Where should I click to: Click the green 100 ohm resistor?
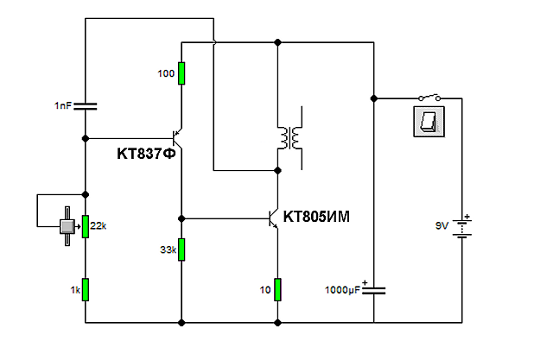click(x=181, y=73)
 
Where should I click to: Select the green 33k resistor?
click(x=181, y=249)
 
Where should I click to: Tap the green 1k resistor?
click(x=86, y=289)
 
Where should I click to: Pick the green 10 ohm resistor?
click(x=277, y=289)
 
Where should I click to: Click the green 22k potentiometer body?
click(x=86, y=226)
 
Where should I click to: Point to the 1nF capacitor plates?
click(x=86, y=106)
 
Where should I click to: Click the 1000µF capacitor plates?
click(x=374, y=290)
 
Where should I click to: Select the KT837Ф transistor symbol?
click(x=176, y=138)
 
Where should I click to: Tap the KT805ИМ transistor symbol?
click(x=273, y=218)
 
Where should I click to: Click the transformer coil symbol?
click(x=290, y=138)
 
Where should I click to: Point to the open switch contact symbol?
click(x=429, y=98)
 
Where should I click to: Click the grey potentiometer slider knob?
click(x=67, y=226)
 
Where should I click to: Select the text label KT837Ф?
click(x=146, y=154)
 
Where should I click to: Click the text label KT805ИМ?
click(x=316, y=217)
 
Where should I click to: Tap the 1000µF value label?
click(x=342, y=290)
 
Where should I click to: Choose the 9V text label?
click(x=442, y=226)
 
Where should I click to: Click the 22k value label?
click(x=98, y=226)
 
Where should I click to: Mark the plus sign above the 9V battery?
click(x=467, y=217)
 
